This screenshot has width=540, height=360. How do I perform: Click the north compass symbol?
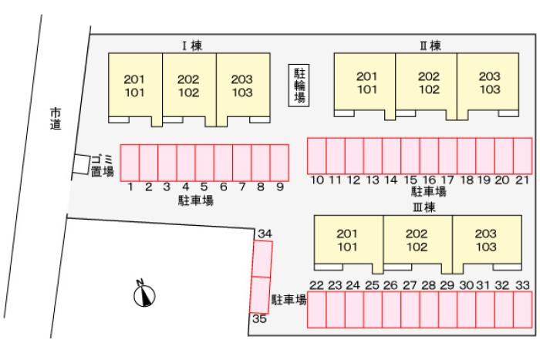pyautogui.click(x=144, y=294)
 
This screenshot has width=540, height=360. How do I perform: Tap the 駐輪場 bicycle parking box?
pyautogui.click(x=299, y=85)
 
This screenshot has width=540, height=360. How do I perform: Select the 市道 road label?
pyautogui.click(x=55, y=116)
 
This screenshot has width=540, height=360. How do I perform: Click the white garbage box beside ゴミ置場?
pyautogui.click(x=81, y=163)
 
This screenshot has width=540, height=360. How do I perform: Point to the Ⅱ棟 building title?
pyautogui.click(x=430, y=45)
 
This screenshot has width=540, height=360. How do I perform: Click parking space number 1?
pyautogui.click(x=130, y=162)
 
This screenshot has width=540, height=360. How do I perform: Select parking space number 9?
pyautogui.click(x=279, y=162)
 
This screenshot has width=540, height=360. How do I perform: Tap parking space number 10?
pyautogui.click(x=317, y=156)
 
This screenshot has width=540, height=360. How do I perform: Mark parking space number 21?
pyautogui.click(x=523, y=156)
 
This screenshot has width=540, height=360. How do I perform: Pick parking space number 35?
pyautogui.click(x=258, y=294)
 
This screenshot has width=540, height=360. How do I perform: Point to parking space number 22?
pyautogui.click(x=316, y=310)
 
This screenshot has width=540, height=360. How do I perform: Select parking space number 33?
pyautogui.click(x=522, y=310)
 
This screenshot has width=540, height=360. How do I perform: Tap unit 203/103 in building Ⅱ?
pyautogui.click(x=489, y=82)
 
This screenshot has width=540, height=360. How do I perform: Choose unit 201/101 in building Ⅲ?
pyautogui.click(x=348, y=241)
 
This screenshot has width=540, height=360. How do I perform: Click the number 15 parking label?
pyautogui.click(x=410, y=180)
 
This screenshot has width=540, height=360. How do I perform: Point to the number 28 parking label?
pyautogui.click(x=428, y=285)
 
